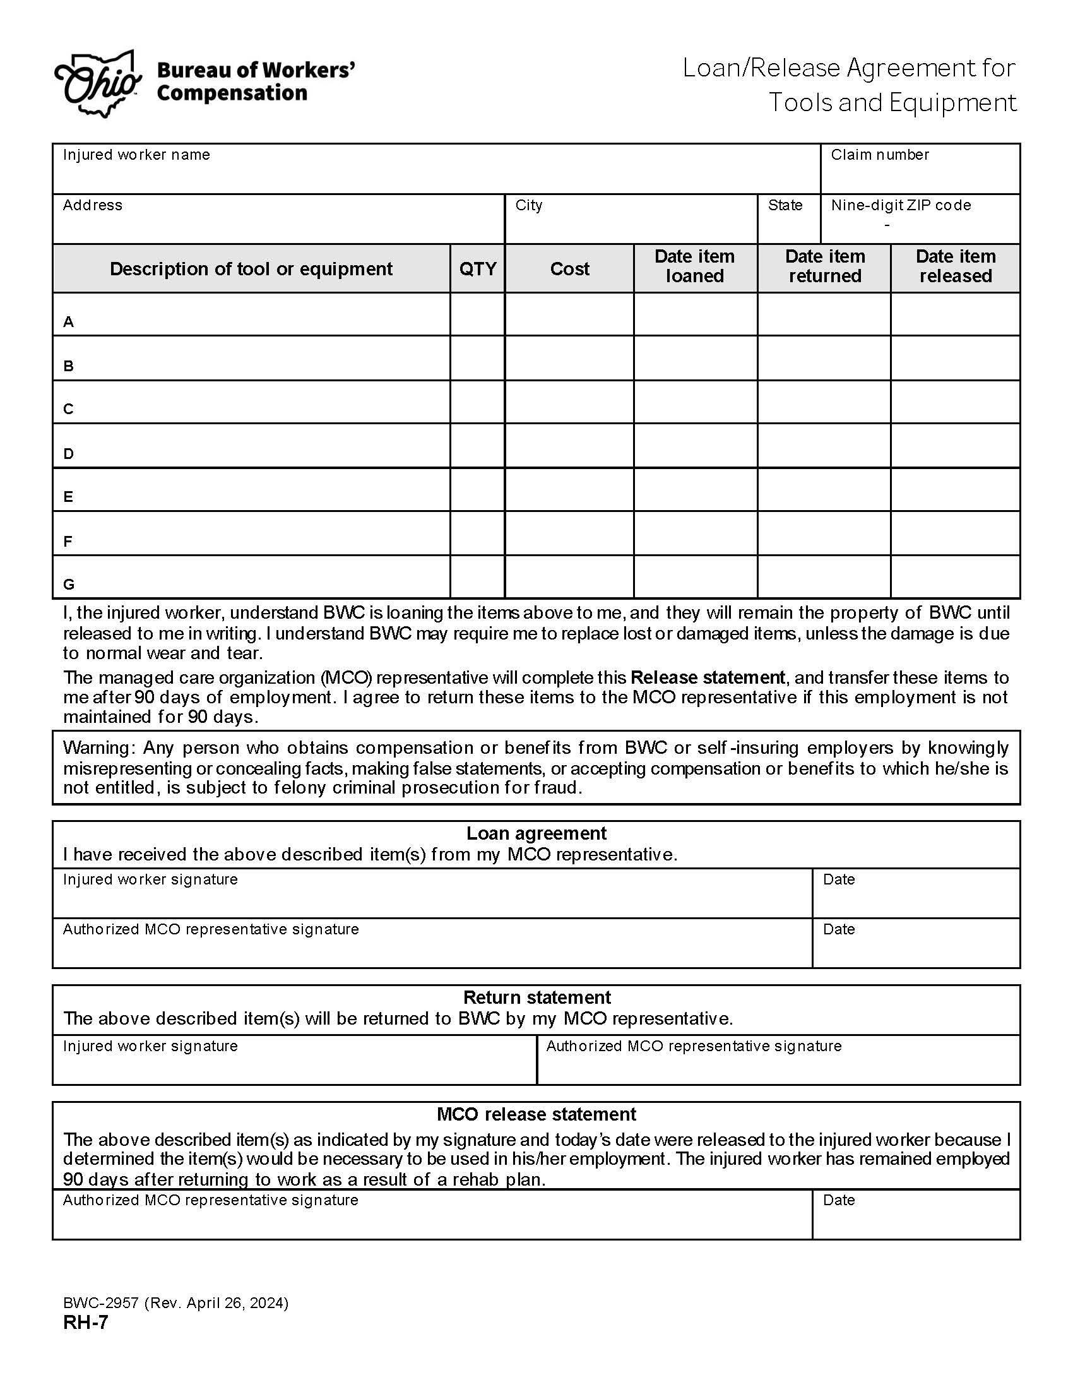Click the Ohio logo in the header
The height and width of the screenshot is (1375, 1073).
97,84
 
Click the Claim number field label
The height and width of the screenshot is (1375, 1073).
879,155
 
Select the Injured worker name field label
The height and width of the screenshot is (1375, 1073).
136,155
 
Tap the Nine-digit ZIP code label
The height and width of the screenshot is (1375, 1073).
901,205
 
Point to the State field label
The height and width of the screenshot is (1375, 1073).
785,205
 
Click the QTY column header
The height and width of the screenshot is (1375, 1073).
477,269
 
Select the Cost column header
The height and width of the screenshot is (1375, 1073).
569,269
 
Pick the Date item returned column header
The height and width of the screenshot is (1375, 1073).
824,266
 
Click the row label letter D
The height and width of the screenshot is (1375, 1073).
69,454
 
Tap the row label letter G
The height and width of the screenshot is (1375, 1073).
69,585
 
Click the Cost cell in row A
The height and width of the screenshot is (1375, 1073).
569,314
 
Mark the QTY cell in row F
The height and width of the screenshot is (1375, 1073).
477,533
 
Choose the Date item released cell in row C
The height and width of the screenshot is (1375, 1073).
955,402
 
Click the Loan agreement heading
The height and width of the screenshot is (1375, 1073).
536,833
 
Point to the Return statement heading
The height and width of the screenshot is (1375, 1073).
536,997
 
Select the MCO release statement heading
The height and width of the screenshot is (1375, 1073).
536,1114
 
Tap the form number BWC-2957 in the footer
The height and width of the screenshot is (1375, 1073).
101,1303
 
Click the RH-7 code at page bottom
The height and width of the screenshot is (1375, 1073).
85,1323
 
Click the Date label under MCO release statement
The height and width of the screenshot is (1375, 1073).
838,1200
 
